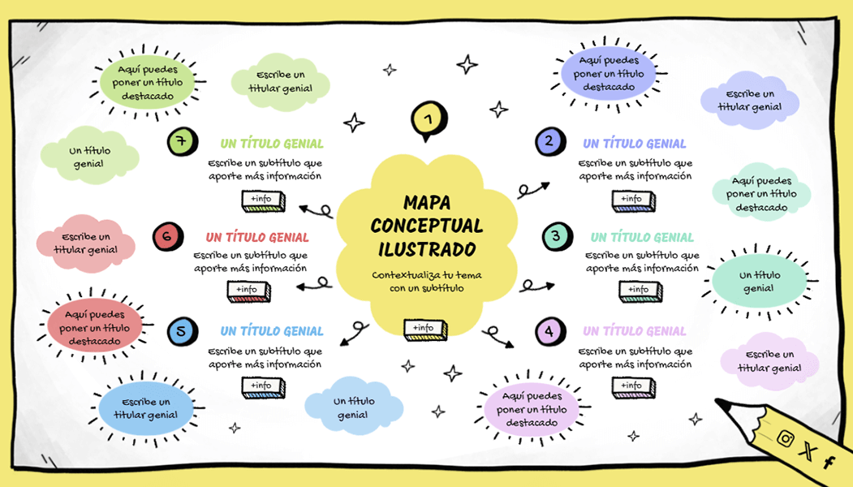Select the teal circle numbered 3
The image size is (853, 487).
556,237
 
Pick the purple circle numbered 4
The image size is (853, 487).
549,331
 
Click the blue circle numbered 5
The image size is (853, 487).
181,331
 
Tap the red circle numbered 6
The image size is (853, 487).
166,237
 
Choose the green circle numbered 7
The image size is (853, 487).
181,142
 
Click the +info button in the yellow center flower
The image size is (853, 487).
424,329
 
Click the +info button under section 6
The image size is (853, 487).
248,291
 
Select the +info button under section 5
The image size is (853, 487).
263,386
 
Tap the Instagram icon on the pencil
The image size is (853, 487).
785,438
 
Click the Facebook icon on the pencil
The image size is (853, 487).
829,463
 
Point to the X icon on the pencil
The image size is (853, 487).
807,451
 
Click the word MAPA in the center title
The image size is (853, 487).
426,203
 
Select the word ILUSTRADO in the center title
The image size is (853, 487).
426,248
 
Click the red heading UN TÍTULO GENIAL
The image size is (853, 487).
257,238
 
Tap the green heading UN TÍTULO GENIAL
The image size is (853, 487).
272,144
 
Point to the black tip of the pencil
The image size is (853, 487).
721,403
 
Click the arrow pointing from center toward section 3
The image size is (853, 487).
536,285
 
